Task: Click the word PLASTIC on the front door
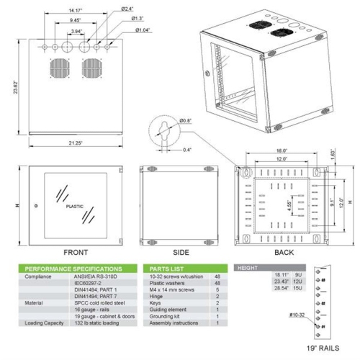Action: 74,206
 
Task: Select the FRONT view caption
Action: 76,253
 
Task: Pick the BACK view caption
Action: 284,253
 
